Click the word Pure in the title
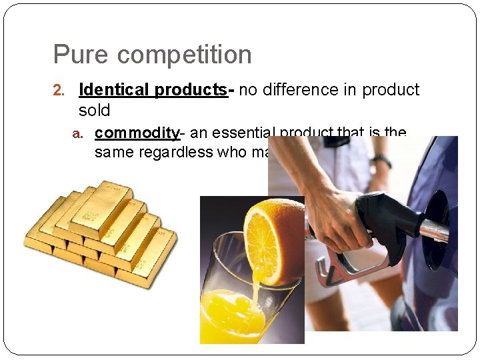pyautogui.click(x=75, y=55)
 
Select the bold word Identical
pyautogui.click(x=114, y=90)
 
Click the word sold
pyautogui.click(x=94, y=109)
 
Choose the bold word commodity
pyautogui.click(x=137, y=133)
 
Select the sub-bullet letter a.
pyautogui.click(x=78, y=134)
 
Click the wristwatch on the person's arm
pyautogui.click(x=381, y=161)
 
